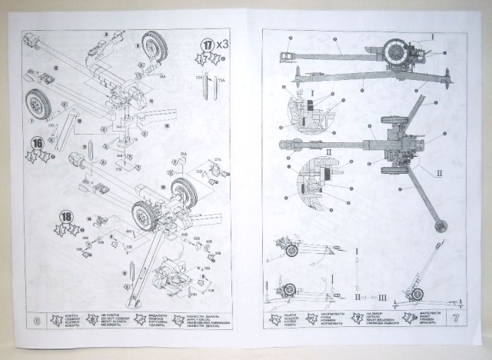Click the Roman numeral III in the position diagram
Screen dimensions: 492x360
(x=382, y=296)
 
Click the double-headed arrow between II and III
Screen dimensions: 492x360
(x=369, y=296)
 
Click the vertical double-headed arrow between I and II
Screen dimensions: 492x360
(x=357, y=273)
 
